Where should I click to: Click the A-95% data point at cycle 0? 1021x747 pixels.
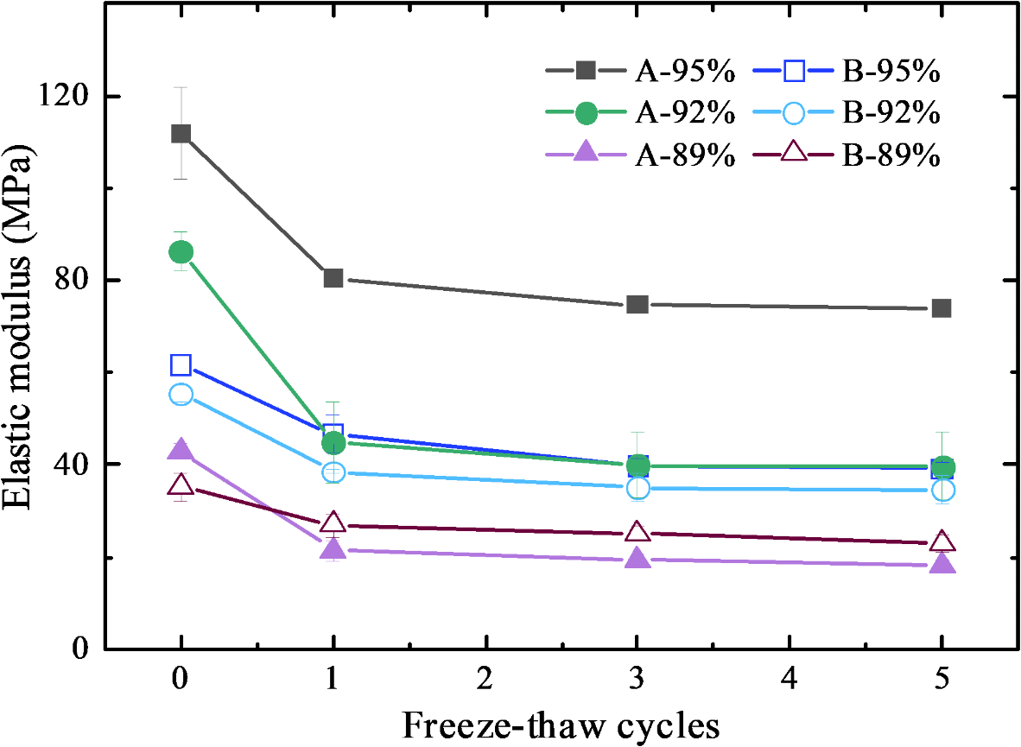pyautogui.click(x=181, y=133)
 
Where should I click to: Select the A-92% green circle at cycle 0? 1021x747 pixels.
pyautogui.click(x=181, y=252)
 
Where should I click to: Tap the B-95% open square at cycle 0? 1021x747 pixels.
pyautogui.click(x=181, y=365)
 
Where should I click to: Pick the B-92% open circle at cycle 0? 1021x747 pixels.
pyautogui.click(x=181, y=395)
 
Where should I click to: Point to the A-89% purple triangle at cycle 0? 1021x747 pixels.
pyautogui.click(x=181, y=449)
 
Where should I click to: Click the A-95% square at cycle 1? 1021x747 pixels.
pyautogui.click(x=333, y=278)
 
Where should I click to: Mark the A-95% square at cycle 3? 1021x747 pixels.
pyautogui.click(x=637, y=304)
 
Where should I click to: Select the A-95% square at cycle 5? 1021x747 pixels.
pyautogui.click(x=942, y=308)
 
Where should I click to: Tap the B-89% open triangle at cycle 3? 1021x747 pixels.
pyautogui.click(x=637, y=532)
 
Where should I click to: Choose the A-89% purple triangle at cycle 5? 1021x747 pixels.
pyautogui.click(x=942, y=565)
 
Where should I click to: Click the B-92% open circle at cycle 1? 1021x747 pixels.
pyautogui.click(x=333, y=472)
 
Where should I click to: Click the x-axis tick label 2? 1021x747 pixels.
pyautogui.click(x=485, y=680)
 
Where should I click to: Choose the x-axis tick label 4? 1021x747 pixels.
pyautogui.click(x=790, y=680)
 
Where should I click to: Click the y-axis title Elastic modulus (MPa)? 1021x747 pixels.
pyautogui.click(x=22, y=331)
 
